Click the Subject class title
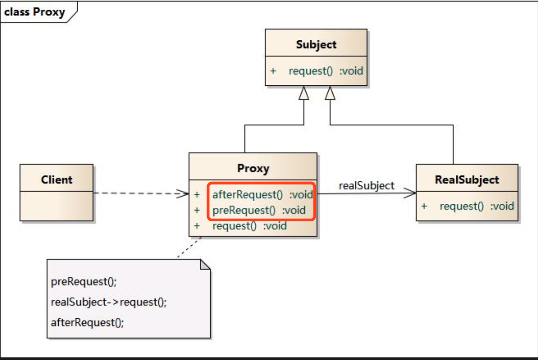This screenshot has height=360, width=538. click(316, 45)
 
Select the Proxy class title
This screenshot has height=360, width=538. click(253, 169)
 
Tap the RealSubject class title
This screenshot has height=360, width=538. click(467, 180)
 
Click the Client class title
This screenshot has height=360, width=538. click(56, 180)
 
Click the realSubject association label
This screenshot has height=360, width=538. click(366, 186)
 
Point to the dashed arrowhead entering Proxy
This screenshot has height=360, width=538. click(182, 194)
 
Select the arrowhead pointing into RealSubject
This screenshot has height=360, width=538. click(409, 193)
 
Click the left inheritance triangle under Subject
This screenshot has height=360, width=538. click(303, 93)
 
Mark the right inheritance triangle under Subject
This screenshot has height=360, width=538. click(330, 93)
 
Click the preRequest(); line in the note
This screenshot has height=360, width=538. click(84, 282)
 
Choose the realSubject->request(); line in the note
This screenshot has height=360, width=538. click(108, 302)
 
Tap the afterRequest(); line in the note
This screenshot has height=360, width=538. click(87, 323)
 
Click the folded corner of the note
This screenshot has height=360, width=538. click(205, 264)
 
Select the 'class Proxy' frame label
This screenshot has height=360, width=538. click(34, 12)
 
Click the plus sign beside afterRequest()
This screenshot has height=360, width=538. click(197, 195)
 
